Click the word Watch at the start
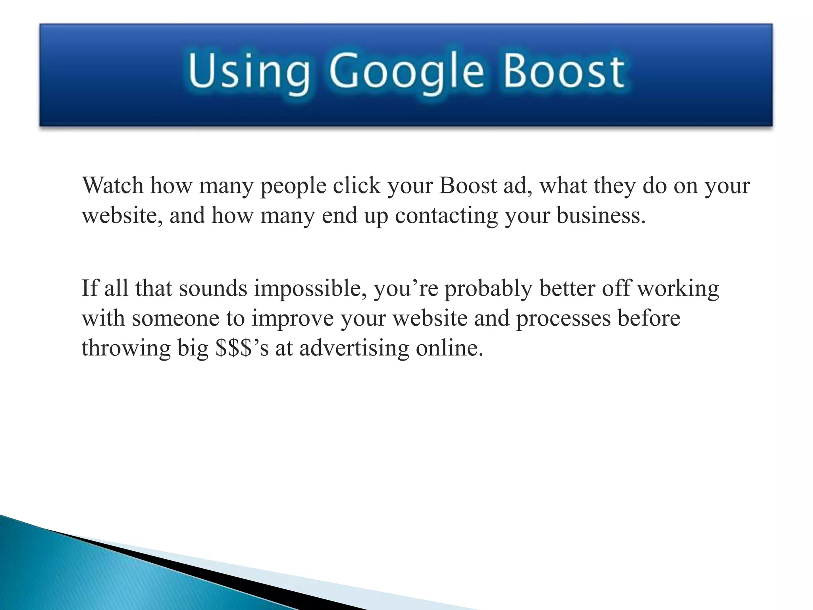(112, 185)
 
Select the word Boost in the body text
(468, 185)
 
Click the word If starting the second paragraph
(89, 288)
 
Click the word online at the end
(449, 348)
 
